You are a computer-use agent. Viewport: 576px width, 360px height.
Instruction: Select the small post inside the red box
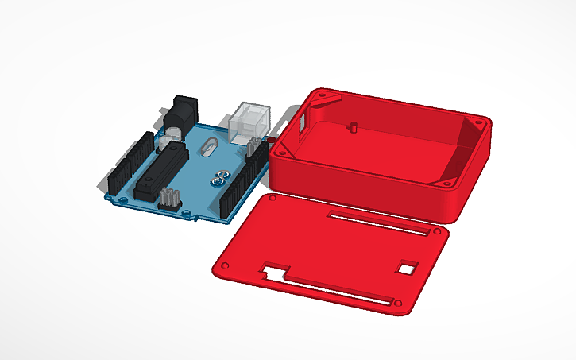tap(353, 126)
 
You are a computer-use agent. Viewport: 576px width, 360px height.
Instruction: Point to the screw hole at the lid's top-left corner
tap(273, 195)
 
